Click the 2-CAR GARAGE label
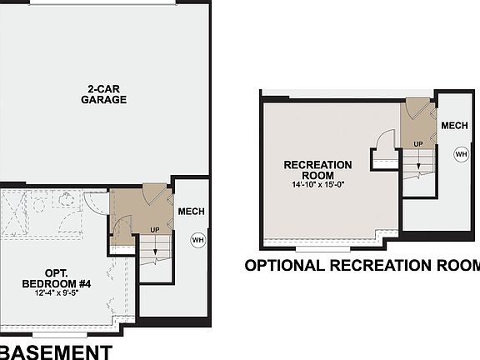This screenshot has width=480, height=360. tap(103, 94)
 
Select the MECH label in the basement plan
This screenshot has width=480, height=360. tap(191, 212)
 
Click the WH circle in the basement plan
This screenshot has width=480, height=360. tap(197, 240)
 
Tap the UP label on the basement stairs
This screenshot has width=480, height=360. tap(155, 230)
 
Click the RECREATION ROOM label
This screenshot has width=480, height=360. tap(317, 170)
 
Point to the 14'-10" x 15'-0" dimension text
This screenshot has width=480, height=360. tap(317, 184)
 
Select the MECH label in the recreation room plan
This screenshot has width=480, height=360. tap(453, 126)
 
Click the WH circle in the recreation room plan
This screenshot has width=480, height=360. tap(460, 153)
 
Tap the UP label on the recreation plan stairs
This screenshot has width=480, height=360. tap(418, 144)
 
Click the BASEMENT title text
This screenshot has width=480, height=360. tap(55, 351)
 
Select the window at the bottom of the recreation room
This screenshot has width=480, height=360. tap(322, 248)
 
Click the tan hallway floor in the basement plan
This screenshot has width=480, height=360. tap(132, 208)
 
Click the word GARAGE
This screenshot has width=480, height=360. tap(103, 100)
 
